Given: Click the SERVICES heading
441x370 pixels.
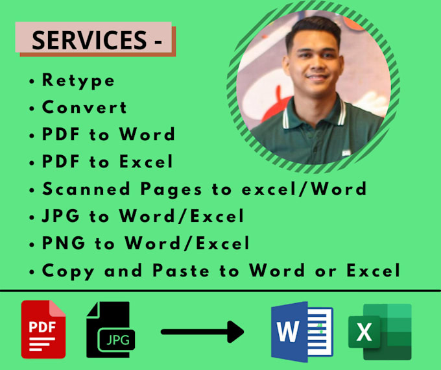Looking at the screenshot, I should click(93, 40).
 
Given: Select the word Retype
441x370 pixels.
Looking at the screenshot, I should click(78, 80).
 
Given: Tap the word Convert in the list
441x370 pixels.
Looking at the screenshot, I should click(84, 108).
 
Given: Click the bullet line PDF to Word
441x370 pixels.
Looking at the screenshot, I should click(108, 135).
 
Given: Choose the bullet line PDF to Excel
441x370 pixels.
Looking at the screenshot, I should click(108, 162).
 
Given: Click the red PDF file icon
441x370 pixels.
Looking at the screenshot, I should click(43, 329).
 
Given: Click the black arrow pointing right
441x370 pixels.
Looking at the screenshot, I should click(202, 332).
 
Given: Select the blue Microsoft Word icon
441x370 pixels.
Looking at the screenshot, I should click(302, 332).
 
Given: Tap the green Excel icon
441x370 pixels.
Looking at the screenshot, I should click(379, 331).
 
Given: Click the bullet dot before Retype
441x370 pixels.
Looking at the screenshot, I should click(32, 82).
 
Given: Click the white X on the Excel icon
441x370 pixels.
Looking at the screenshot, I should click(364, 332).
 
